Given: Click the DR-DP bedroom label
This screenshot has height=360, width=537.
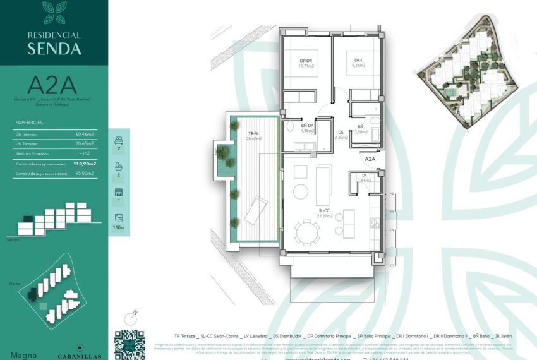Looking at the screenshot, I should pos(306,61).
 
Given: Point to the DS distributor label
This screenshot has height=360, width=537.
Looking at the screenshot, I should pos(341,132).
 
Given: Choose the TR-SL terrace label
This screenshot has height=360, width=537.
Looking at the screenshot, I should pos(255,134).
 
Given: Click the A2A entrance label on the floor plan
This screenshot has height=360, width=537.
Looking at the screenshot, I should pos(370,159).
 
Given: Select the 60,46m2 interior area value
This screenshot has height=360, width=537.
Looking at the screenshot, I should pos(84,134).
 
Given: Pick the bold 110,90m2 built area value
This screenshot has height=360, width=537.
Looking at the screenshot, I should pos(85,164).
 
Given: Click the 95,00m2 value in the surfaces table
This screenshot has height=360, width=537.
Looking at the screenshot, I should pos(84,172).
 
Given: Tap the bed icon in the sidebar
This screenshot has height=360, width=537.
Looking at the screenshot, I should pos(118,140).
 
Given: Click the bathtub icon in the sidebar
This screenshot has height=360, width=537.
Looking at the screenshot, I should pos(118,167).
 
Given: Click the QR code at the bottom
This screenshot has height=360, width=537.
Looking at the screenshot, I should pos(129,345).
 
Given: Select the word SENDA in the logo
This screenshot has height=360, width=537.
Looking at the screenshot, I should pos(54,48).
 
